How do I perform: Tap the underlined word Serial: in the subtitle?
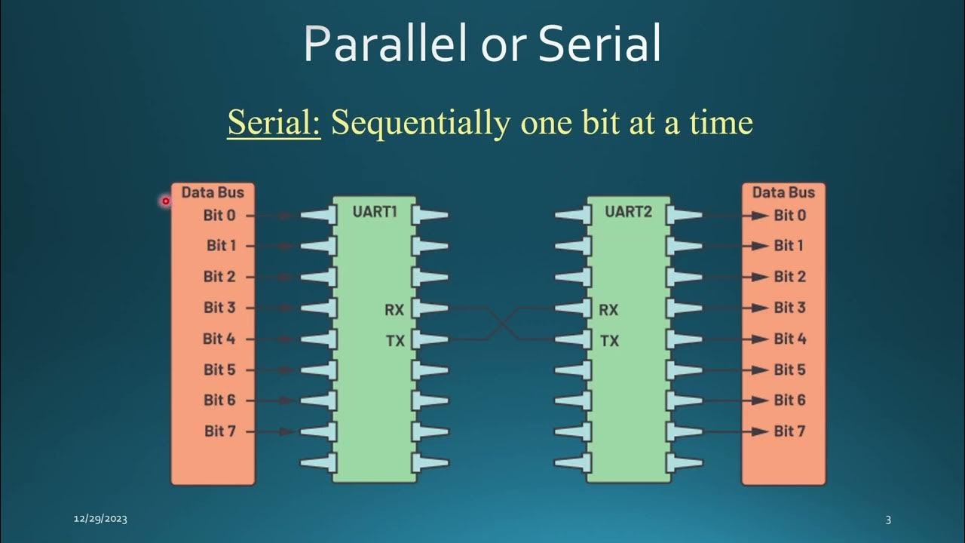coord(274,122)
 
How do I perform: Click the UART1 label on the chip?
coord(375,212)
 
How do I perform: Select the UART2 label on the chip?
coord(628,212)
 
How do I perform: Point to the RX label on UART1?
coord(394,309)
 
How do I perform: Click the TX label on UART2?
coord(609,341)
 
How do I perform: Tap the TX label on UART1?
coord(395,341)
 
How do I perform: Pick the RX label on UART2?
coord(608,309)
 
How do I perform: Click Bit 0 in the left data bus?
coord(219,216)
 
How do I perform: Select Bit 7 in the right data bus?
coord(789,431)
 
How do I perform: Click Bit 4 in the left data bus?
coord(219,339)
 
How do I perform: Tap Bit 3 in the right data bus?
coord(789,308)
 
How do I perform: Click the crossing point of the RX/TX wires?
coord(501,324)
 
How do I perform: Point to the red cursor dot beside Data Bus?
coord(166,201)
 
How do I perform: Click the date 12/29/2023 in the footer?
coord(100,519)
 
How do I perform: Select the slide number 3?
coord(888,519)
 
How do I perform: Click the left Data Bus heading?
coord(213,192)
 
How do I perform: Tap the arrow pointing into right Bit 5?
coord(760,370)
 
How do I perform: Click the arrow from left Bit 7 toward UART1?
coord(285,431)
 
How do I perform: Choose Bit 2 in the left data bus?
coord(219,277)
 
